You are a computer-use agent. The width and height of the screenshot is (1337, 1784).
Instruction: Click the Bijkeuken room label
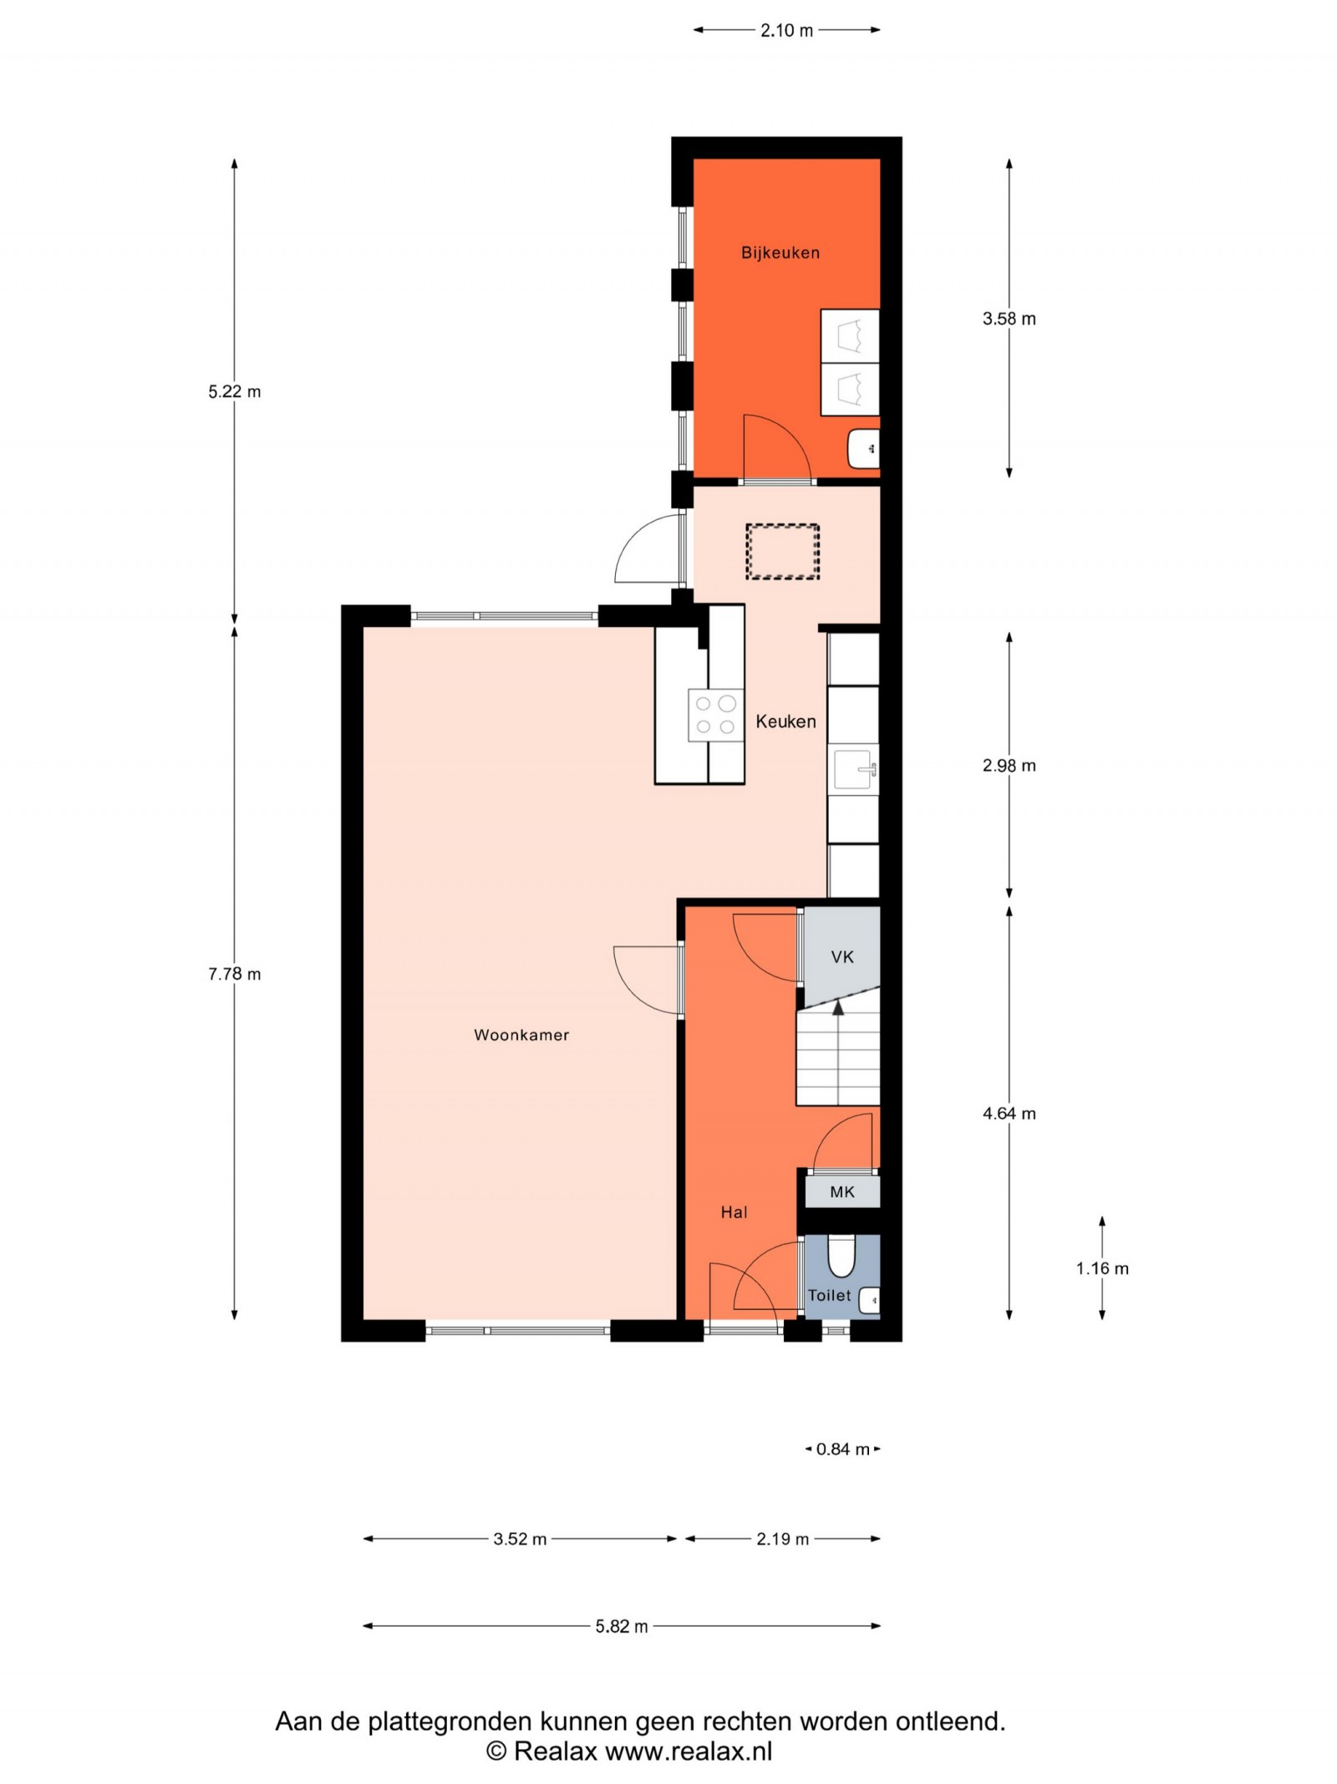click(780, 252)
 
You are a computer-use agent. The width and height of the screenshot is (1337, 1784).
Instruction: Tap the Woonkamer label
click(521, 1035)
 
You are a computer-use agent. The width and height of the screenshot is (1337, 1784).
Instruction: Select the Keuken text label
click(785, 721)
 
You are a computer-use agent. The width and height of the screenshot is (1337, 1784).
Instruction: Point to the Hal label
click(734, 1212)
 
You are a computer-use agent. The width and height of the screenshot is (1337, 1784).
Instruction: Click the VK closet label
click(842, 956)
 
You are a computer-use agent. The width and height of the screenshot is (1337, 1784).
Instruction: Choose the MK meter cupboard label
click(842, 1192)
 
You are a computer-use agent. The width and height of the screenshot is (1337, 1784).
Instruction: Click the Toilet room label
click(829, 1296)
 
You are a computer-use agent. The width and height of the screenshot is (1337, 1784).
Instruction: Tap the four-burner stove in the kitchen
click(715, 715)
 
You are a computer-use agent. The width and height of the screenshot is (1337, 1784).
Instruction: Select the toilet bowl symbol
click(841, 1256)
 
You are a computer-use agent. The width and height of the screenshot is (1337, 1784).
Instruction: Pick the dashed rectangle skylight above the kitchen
click(782, 551)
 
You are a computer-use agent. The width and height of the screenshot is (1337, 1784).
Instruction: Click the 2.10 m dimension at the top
click(786, 31)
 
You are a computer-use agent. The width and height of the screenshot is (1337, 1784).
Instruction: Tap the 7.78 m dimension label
click(235, 974)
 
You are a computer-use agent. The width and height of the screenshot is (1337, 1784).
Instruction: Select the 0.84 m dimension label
click(843, 1450)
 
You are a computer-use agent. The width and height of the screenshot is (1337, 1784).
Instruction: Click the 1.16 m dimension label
click(1102, 1268)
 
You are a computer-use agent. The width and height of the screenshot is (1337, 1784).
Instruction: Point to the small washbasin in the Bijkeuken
click(863, 449)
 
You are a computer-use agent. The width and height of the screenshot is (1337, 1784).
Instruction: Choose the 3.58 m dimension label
click(1009, 319)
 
